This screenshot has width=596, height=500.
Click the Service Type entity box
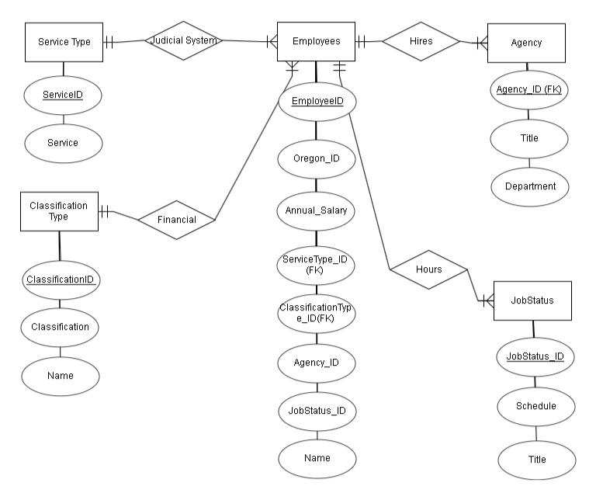tap(64, 42)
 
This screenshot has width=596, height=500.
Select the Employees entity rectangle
tap(316, 42)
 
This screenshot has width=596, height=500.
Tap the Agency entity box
tap(527, 43)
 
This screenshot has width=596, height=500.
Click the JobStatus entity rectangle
tap(532, 300)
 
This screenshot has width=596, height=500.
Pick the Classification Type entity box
tap(59, 211)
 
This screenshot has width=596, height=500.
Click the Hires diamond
tap(421, 42)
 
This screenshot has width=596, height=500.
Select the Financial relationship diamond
tap(176, 220)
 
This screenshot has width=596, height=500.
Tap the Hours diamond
tap(428, 270)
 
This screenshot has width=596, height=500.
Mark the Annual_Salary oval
tap(316, 210)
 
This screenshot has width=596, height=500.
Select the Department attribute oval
tap(529, 186)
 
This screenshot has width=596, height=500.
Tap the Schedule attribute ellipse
tap(535, 406)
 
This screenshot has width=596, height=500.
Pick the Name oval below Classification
tap(61, 376)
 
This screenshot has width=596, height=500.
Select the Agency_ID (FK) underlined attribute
tap(528, 91)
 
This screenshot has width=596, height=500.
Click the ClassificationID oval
tap(61, 279)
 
